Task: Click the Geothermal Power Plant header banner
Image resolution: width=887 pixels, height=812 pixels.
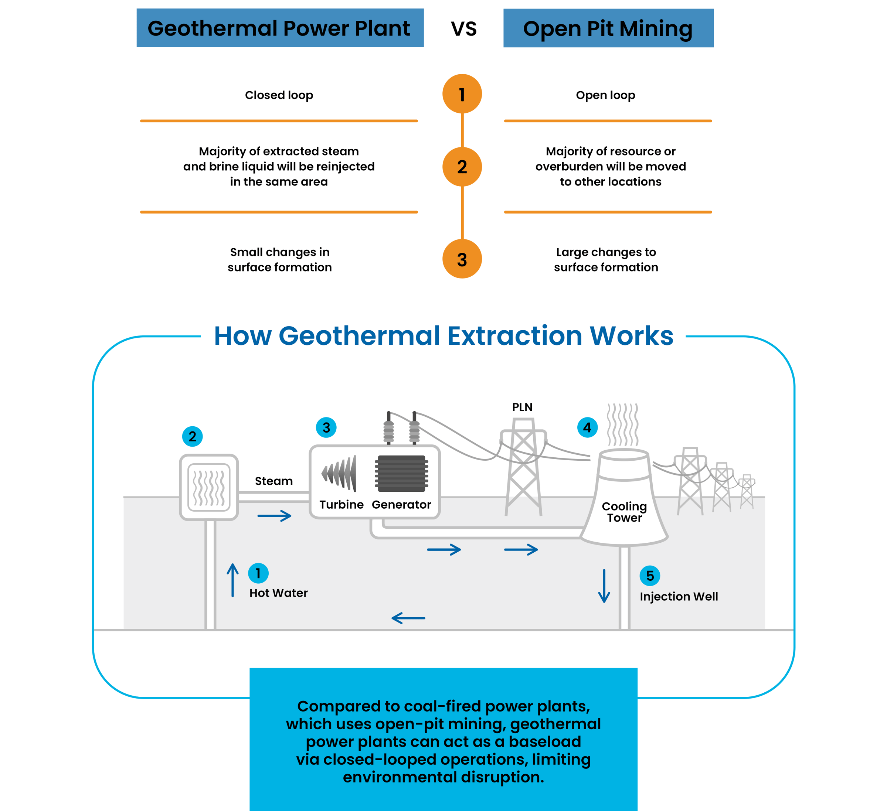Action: click(x=280, y=28)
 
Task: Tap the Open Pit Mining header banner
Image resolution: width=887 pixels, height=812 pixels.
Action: click(x=608, y=28)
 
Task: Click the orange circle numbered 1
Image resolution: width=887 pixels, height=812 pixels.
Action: click(x=462, y=94)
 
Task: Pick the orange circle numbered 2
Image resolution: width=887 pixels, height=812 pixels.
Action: click(x=462, y=167)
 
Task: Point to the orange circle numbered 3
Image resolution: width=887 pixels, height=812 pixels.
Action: click(x=462, y=259)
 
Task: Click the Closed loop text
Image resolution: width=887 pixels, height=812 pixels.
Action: click(x=279, y=95)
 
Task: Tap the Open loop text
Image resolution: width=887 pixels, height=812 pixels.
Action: click(x=605, y=95)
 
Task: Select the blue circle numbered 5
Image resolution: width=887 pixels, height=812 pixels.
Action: click(x=650, y=576)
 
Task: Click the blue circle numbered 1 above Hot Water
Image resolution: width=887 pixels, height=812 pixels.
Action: click(x=258, y=573)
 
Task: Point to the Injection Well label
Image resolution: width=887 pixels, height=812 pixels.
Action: click(x=679, y=597)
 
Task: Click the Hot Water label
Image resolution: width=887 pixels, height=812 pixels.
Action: click(x=279, y=593)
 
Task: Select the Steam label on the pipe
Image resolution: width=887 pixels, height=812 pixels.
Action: click(x=273, y=481)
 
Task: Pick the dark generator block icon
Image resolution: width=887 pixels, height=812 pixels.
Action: click(x=401, y=474)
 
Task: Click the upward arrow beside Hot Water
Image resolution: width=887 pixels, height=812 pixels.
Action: click(x=233, y=580)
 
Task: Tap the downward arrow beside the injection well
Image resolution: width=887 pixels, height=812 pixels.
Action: click(x=604, y=586)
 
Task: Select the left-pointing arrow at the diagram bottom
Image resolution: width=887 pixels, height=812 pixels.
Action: click(x=408, y=618)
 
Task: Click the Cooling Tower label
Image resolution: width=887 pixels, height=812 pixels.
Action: click(x=624, y=512)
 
